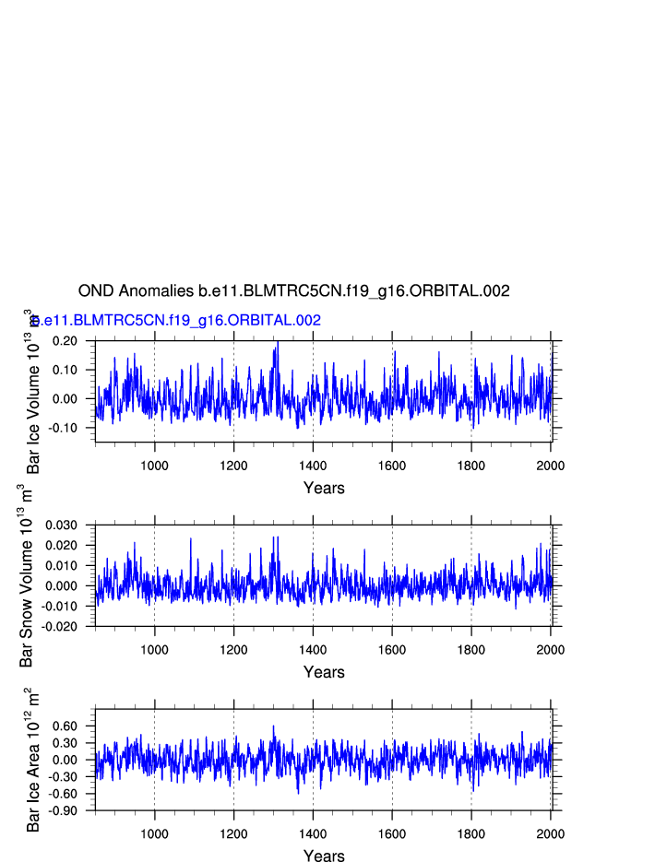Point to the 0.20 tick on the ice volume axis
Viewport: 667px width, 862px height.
click(x=66, y=341)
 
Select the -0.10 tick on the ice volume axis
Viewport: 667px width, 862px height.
click(x=64, y=428)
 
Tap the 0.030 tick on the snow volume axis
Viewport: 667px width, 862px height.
click(x=62, y=525)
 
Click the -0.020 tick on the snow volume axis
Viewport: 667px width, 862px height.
click(x=60, y=627)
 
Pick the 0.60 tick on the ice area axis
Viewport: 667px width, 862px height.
click(x=66, y=726)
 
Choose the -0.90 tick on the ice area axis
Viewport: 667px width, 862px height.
click(x=64, y=810)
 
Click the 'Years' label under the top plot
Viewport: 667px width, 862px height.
click(x=324, y=488)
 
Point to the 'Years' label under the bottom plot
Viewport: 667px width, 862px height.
click(x=324, y=856)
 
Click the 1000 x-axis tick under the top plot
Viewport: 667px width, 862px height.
click(x=154, y=465)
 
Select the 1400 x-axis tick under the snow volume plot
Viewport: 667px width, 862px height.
click(x=313, y=649)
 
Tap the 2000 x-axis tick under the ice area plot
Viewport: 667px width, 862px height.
click(x=551, y=833)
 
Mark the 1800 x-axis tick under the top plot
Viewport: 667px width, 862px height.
click(x=471, y=465)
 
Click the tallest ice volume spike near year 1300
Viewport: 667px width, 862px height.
click(x=277, y=343)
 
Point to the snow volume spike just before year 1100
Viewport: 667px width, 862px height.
click(x=191, y=538)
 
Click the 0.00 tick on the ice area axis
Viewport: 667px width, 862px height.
click(x=66, y=760)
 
